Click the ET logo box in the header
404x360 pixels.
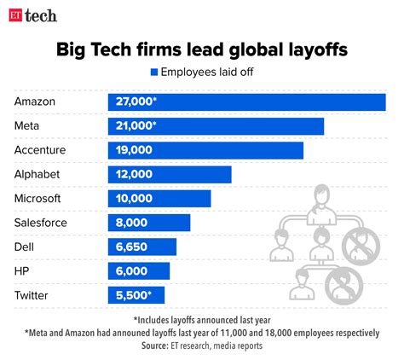tap(14, 15)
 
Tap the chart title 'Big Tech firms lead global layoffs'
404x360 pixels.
tap(202, 50)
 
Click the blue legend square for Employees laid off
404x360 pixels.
tap(154, 73)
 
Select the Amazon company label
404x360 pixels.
tap(37, 102)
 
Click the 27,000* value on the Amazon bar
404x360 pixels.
tap(135, 102)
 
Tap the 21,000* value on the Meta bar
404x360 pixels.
tap(135, 126)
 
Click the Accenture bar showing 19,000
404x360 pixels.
tap(205, 150)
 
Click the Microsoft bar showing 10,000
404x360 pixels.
tap(159, 198)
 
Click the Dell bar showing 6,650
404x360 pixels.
tap(141, 247)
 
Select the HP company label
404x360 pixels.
tap(23, 270)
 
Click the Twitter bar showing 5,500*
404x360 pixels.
tap(136, 295)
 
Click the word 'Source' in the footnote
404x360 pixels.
tap(155, 346)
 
